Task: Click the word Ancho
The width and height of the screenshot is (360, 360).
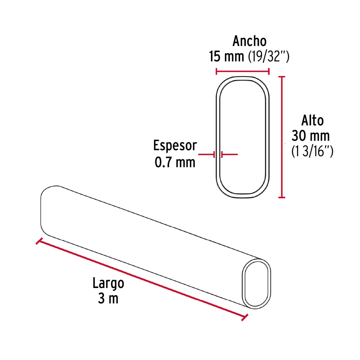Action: click(249, 41)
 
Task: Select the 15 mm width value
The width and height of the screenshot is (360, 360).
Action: click(226, 57)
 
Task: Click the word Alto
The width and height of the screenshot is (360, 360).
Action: click(312, 121)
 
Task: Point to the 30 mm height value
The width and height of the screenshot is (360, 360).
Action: click(310, 136)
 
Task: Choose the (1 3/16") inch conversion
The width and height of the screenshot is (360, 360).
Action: click(312, 152)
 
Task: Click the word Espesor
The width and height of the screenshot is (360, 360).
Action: click(175, 146)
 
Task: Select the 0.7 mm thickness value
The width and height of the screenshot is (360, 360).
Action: click(175, 162)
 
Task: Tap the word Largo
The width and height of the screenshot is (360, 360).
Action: click(108, 283)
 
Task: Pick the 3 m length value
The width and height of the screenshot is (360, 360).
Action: click(108, 299)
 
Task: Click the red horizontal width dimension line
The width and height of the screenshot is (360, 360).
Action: click(242, 71)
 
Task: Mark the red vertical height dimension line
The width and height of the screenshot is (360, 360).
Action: click(282, 137)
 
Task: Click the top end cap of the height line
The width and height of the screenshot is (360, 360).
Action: click(282, 77)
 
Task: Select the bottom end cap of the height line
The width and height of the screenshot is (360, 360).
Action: click(282, 197)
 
